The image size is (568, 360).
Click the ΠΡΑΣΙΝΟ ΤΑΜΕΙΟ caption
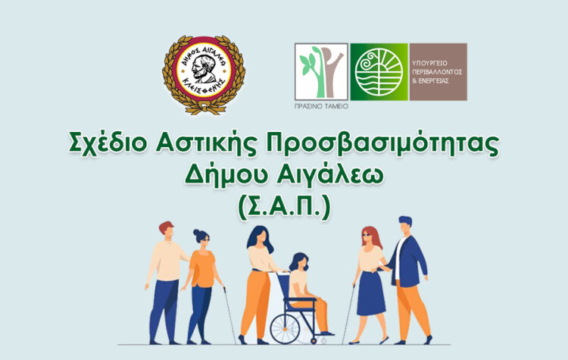tap(321, 107)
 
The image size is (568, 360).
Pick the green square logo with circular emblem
tap(379, 72)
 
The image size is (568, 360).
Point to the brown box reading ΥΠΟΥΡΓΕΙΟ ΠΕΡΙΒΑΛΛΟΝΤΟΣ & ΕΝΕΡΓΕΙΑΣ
tap(438, 72)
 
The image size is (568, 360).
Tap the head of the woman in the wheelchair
tap(298, 261)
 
